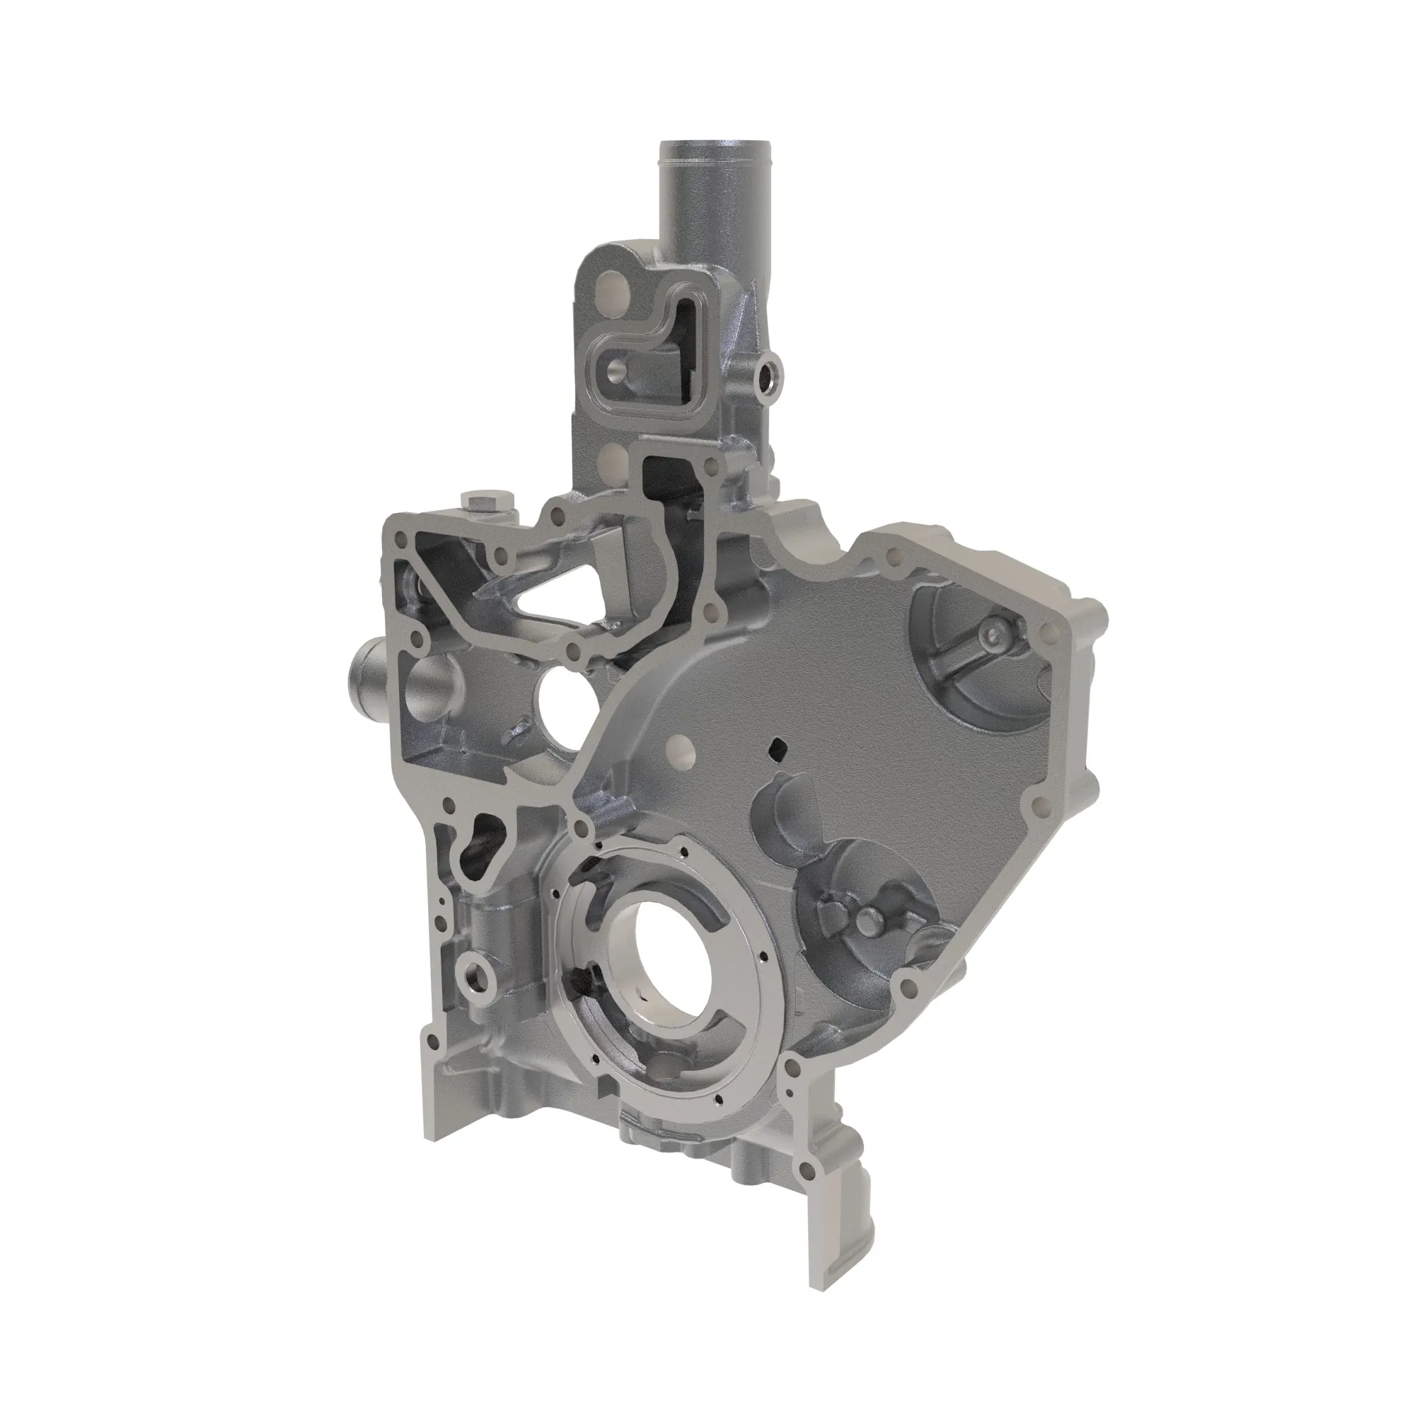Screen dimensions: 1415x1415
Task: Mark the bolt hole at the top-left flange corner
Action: point(400,541)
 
